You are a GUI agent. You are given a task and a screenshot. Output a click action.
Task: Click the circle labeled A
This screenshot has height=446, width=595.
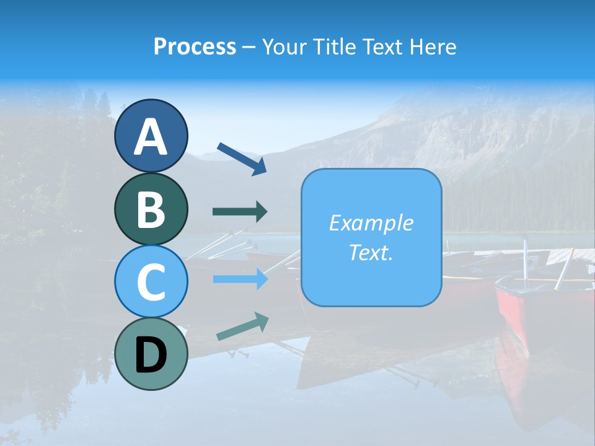(x=151, y=136)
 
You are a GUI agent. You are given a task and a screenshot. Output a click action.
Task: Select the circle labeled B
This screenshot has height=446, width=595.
(x=151, y=209)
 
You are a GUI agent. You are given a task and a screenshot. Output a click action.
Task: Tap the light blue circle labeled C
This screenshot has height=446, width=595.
(x=151, y=281)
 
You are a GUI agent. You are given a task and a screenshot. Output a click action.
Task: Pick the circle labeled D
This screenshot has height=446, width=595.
(x=151, y=354)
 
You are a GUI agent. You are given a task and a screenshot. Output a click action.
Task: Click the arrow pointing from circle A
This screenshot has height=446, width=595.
(x=242, y=159)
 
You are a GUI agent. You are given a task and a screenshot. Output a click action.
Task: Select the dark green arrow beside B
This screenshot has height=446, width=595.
(x=240, y=212)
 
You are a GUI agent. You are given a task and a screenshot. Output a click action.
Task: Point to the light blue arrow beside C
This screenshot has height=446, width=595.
(x=240, y=279)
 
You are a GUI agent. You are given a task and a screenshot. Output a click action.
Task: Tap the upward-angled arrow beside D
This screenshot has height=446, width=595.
(x=242, y=326)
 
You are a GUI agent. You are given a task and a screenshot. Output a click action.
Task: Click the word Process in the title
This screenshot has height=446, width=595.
(x=195, y=46)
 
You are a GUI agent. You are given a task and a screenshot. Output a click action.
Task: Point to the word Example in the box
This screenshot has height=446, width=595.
(x=371, y=223)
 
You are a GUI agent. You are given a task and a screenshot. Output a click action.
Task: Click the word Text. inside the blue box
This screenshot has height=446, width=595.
(x=371, y=252)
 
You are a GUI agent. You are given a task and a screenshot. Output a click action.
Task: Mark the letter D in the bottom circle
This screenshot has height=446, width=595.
(x=151, y=355)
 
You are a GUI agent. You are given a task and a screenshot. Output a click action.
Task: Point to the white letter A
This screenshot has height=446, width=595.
(x=151, y=137)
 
